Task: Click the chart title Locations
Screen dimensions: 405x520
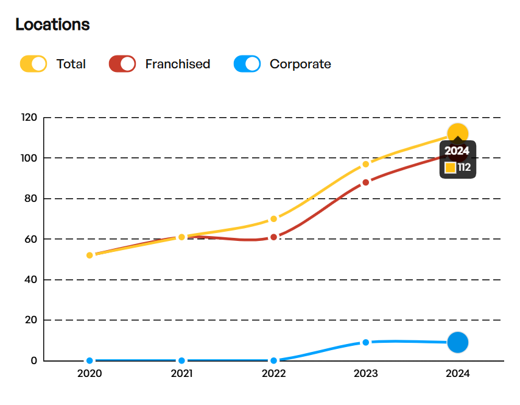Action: [x=52, y=24]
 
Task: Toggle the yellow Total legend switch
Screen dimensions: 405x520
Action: [x=33, y=63]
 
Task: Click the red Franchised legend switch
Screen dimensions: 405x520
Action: [x=122, y=63]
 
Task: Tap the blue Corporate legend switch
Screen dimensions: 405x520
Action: [x=247, y=63]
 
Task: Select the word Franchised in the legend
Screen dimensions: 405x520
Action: [x=177, y=63]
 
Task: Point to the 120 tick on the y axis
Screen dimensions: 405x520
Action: [x=29, y=118]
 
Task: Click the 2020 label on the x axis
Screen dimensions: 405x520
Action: [x=90, y=373]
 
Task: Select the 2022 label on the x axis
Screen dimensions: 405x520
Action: [x=273, y=373]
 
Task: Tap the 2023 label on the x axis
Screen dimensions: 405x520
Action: [x=366, y=373]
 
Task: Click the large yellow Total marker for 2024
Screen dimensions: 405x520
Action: [x=458, y=134]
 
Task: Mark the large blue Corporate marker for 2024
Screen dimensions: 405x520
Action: [x=458, y=343]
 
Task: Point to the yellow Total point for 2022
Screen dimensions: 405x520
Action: [x=274, y=218]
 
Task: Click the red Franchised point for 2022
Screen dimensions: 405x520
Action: [x=274, y=237]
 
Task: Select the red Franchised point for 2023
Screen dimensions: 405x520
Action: [x=366, y=182]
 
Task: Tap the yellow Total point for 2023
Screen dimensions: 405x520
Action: [x=366, y=163]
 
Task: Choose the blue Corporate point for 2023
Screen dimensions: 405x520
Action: [x=366, y=342]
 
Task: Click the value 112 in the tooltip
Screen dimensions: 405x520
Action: [x=464, y=168]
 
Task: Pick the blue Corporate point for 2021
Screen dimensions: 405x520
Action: [x=181, y=360]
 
